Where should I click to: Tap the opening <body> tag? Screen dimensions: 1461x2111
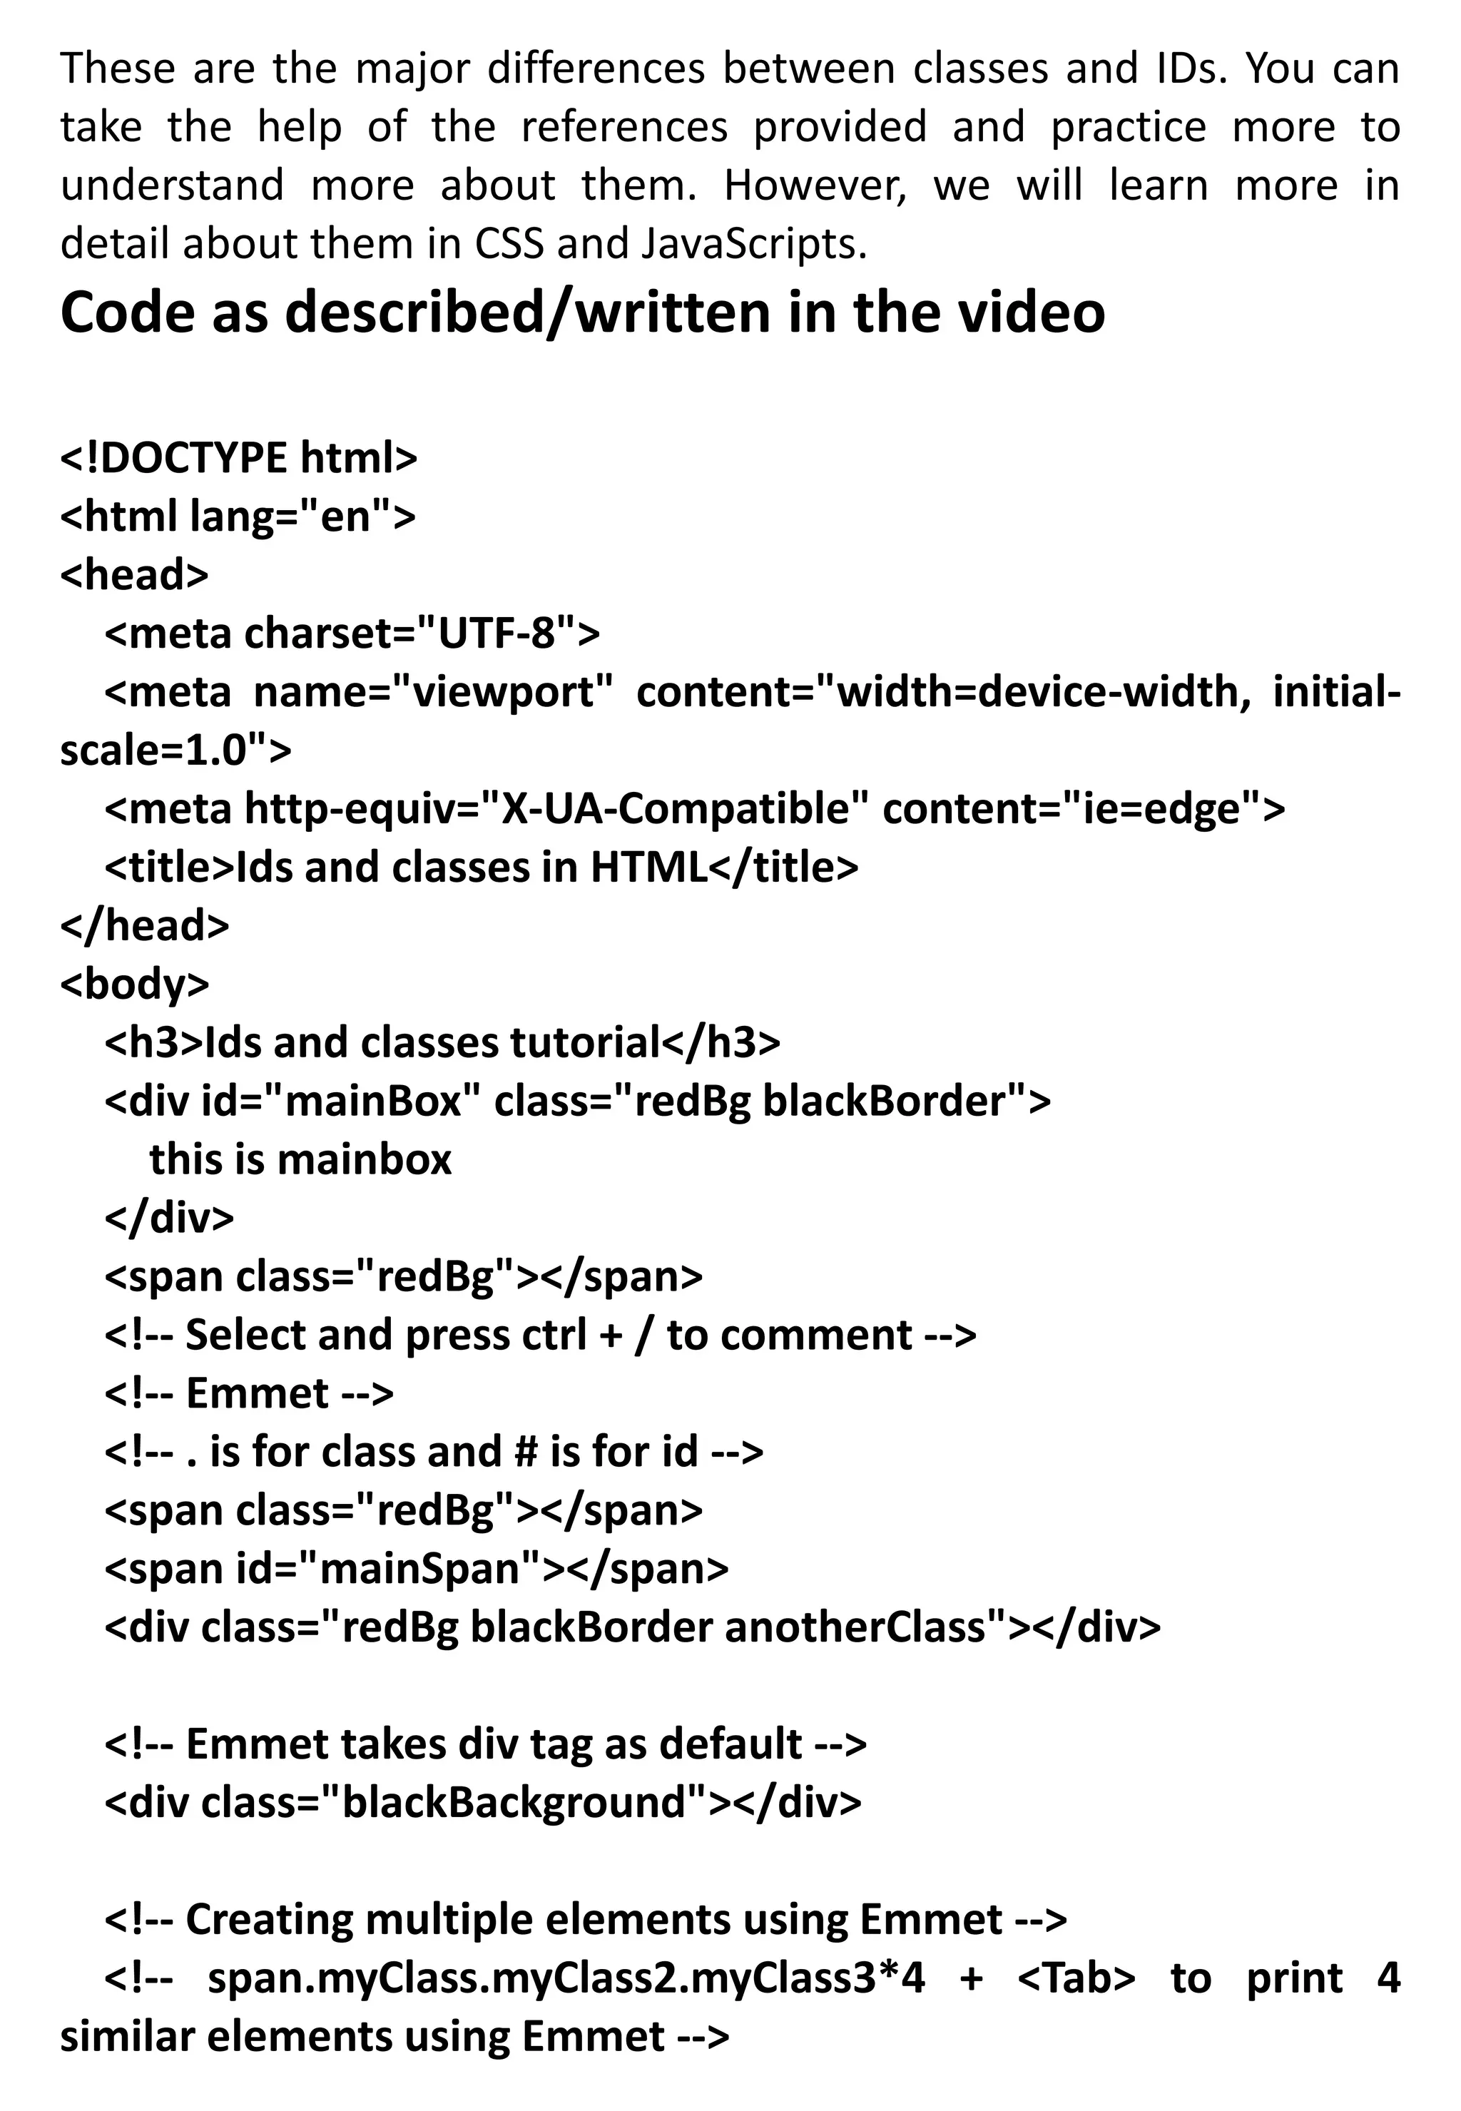tap(135, 984)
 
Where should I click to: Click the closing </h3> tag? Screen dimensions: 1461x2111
tap(721, 1043)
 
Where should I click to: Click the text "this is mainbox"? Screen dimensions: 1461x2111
tap(300, 1160)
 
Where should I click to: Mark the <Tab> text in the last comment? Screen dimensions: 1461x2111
tap(1076, 1978)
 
